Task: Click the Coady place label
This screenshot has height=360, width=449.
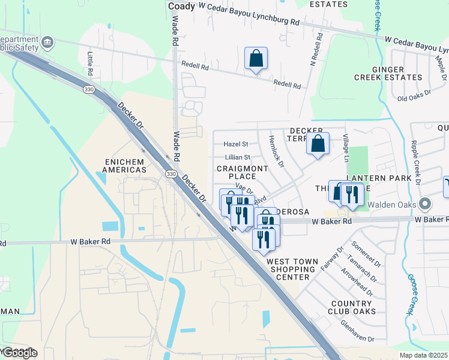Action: coord(182,6)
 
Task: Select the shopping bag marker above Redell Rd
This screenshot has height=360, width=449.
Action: coord(256,59)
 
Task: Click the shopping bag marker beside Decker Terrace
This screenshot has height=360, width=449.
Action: coord(318,144)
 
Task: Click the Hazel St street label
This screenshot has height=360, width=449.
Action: coord(236,144)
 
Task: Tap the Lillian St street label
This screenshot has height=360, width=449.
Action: coord(237,157)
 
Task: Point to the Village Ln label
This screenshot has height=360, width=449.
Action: coord(346,148)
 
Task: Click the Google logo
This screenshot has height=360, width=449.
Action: coord(19,352)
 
